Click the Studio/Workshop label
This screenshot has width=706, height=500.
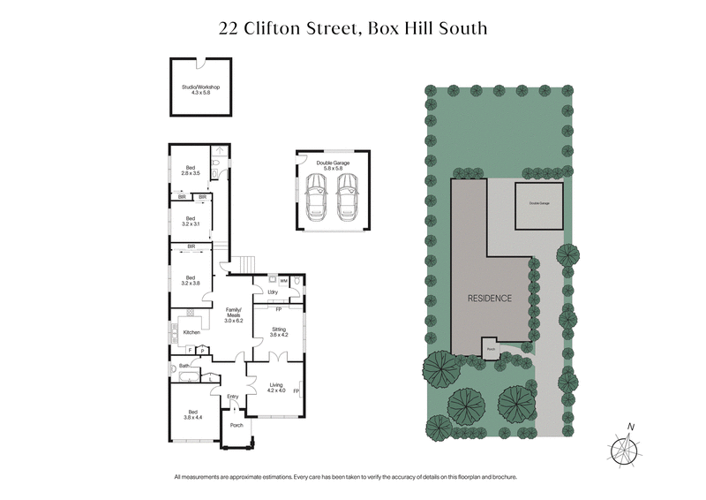200,90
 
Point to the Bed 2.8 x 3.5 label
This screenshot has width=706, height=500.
192,170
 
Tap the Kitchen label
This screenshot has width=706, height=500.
192,332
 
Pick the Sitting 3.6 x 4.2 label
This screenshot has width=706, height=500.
278,333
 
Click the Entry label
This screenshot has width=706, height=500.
233,397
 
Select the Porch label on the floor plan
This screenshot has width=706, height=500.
236,425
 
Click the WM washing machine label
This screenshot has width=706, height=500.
284,281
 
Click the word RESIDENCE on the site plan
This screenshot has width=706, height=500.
489,299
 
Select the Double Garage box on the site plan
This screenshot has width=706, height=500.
538,203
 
